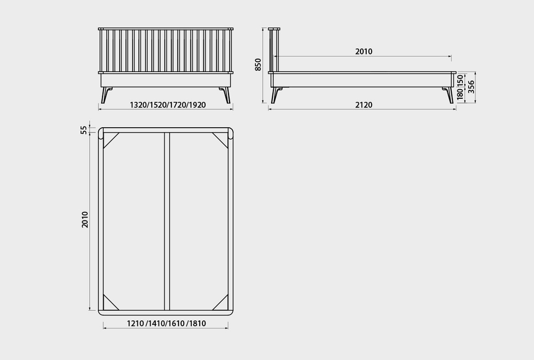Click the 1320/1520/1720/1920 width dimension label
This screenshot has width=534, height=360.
click(x=168, y=105)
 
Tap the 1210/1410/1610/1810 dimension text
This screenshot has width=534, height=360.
click(x=167, y=323)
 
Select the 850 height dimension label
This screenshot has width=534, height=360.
click(x=258, y=65)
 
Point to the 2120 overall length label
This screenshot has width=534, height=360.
click(x=364, y=105)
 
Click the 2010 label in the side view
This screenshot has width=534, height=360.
click(x=364, y=51)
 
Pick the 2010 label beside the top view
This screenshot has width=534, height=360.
click(x=85, y=220)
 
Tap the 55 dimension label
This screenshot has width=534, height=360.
click(x=84, y=130)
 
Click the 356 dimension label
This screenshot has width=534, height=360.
click(x=470, y=87)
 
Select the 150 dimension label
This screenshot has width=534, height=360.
click(x=460, y=81)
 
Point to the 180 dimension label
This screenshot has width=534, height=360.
click(x=460, y=95)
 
